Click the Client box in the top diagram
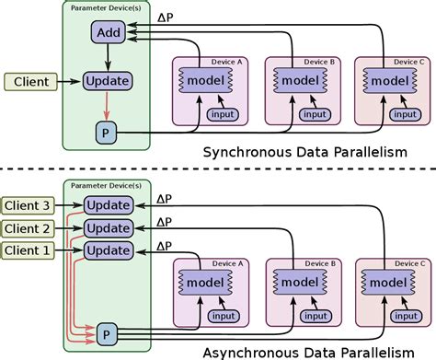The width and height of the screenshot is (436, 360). pyautogui.click(x=30, y=82)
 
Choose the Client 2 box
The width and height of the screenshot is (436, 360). pyautogui.click(x=30, y=226)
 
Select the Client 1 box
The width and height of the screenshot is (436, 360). pyautogui.click(x=30, y=250)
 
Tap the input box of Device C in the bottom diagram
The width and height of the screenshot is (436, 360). pyautogui.click(x=404, y=316)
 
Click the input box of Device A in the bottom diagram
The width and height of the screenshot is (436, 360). pyautogui.click(x=222, y=316)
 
